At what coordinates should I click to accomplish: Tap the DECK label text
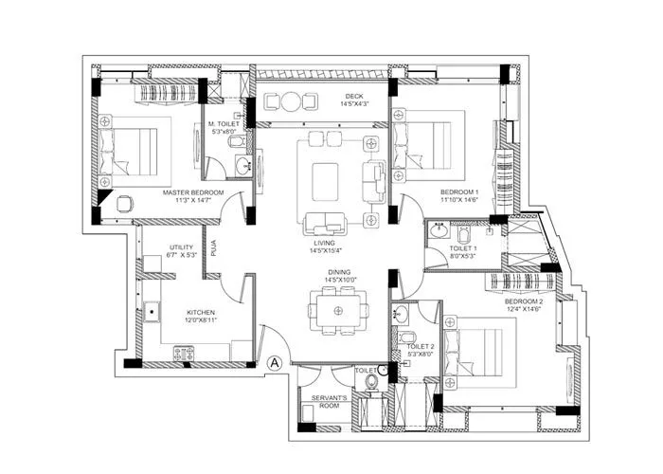tap(355, 96)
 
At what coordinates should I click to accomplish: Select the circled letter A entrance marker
tap(275, 361)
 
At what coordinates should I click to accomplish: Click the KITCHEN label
tap(200, 312)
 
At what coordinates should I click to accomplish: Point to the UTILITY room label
tap(181, 247)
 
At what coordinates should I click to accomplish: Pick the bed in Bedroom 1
tap(432, 145)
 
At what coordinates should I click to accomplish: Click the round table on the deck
tap(291, 101)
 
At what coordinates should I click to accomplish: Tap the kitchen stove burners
tap(183, 352)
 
